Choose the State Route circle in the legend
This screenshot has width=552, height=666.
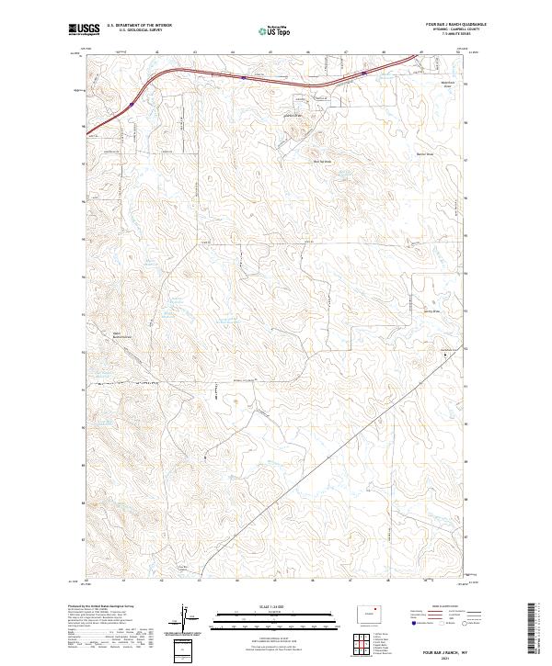click(x=465, y=624)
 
